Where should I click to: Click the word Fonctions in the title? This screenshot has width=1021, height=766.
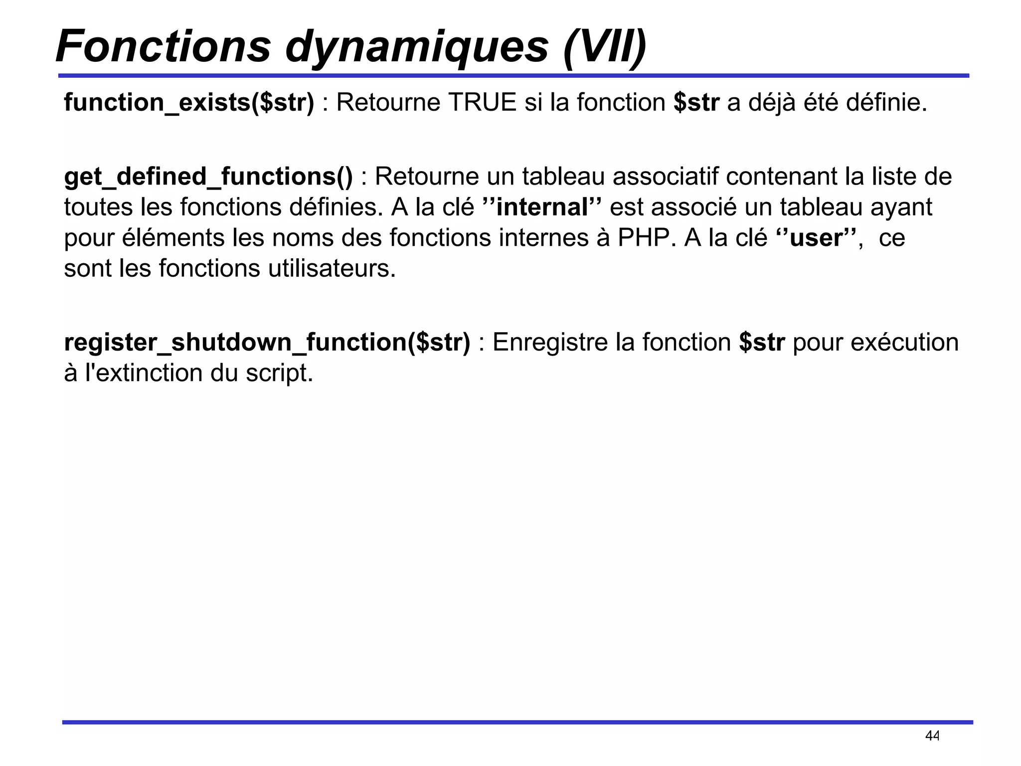tap(163, 46)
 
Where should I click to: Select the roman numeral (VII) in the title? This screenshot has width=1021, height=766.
tap(605, 47)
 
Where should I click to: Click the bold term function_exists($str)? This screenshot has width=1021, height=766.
tap(189, 103)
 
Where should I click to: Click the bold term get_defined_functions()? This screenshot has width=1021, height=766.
tap(208, 177)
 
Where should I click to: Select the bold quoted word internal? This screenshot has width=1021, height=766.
tap(542, 207)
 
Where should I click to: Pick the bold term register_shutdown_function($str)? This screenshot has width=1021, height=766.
tap(267, 343)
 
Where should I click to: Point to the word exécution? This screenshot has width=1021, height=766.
tap(904, 343)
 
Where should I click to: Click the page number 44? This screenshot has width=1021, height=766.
tap(932, 736)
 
